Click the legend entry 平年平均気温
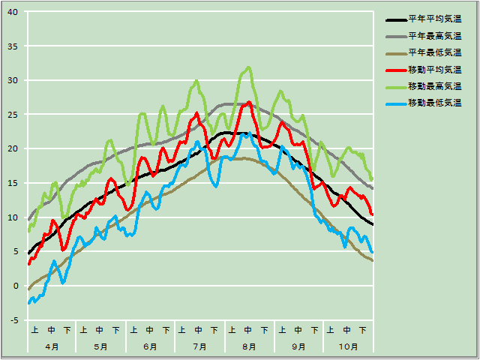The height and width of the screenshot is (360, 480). coord(434,19)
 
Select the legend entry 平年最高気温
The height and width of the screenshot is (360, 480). coord(434,36)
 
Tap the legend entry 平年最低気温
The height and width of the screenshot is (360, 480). coord(434,52)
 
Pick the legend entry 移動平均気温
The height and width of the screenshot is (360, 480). coord(434,69)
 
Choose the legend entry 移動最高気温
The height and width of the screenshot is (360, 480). coord(434,85)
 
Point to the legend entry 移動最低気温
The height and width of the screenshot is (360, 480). coord(434,102)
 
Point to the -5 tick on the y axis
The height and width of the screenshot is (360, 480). coord(14,320)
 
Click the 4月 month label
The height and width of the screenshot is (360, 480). coord(52,346)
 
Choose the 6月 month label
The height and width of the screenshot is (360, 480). coord(150,346)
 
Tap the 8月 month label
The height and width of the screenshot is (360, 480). coord(249,346)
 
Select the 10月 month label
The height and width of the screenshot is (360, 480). coord(348,346)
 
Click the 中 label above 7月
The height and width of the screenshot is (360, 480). coord(199,330)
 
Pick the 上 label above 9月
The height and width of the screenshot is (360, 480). coord(282,330)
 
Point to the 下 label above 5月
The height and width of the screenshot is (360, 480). coord(116,330)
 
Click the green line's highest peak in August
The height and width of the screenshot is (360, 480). coord(248,67)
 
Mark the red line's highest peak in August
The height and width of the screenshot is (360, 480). coord(249,102)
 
